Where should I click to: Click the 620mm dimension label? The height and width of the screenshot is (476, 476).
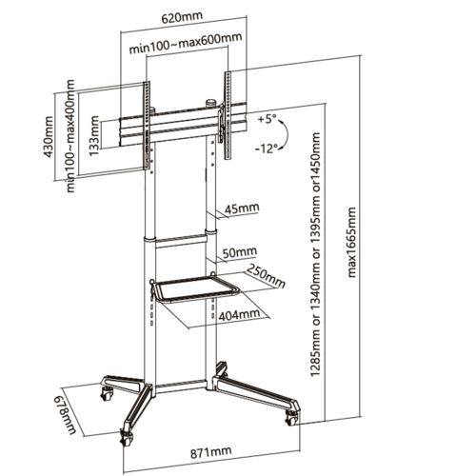tap(182, 17)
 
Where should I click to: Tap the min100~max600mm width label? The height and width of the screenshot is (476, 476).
tap(186, 43)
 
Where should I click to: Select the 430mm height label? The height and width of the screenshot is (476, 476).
tap(49, 137)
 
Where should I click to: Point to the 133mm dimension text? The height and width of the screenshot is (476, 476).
tap(94, 136)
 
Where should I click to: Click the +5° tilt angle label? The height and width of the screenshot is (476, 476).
tap(268, 120)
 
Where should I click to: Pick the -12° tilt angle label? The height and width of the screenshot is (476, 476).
tap(267, 148)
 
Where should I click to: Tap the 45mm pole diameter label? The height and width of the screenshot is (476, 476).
tap(242, 208)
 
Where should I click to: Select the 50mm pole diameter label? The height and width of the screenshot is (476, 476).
tap(240, 252)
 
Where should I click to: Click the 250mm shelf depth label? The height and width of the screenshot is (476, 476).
tap(266, 275)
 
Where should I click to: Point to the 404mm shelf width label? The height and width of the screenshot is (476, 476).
tap(239, 314)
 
